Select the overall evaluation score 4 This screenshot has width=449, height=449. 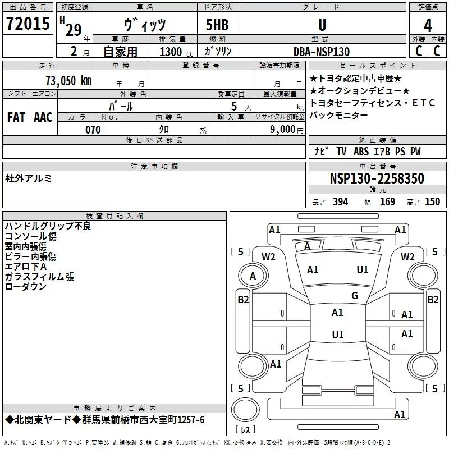point(428,25)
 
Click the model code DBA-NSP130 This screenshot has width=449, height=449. point(322,52)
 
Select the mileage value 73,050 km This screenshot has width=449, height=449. point(68,80)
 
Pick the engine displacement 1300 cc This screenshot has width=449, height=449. point(171,52)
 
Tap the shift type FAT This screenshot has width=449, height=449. point(16,117)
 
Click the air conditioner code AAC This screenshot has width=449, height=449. point(43,117)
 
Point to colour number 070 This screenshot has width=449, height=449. point(93,130)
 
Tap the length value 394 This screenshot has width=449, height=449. point(340,202)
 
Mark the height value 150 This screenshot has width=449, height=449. point(432,202)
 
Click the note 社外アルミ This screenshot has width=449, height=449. point(29,178)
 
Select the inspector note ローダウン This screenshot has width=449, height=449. point(25,287)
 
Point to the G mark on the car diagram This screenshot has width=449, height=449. point(354,296)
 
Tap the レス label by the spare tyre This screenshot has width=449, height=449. point(245,430)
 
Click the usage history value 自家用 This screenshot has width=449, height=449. point(120,52)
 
